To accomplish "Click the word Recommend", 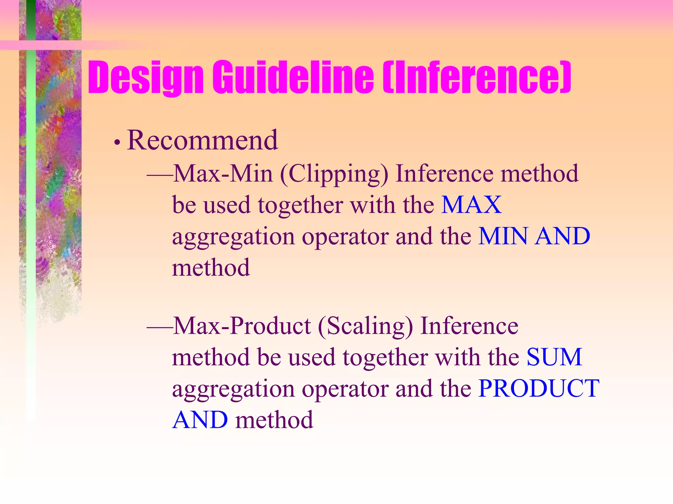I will pyautogui.click(x=202, y=140).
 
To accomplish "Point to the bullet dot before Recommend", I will pyautogui.click(x=117, y=143).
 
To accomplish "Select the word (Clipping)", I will pyautogui.click(x=334, y=174).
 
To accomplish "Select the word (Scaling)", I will pyautogui.click(x=365, y=326).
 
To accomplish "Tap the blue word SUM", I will pyautogui.click(x=554, y=357).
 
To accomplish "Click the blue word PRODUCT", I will pyautogui.click(x=539, y=388).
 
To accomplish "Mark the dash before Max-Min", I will pyautogui.click(x=160, y=175).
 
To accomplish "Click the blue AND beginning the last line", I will pyautogui.click(x=200, y=420).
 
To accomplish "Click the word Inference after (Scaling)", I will pyautogui.click(x=469, y=326).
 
